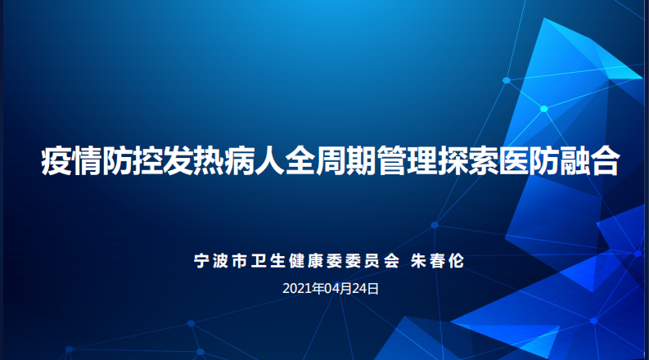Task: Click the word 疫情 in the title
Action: (x=70, y=162)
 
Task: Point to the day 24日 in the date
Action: (x=367, y=288)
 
